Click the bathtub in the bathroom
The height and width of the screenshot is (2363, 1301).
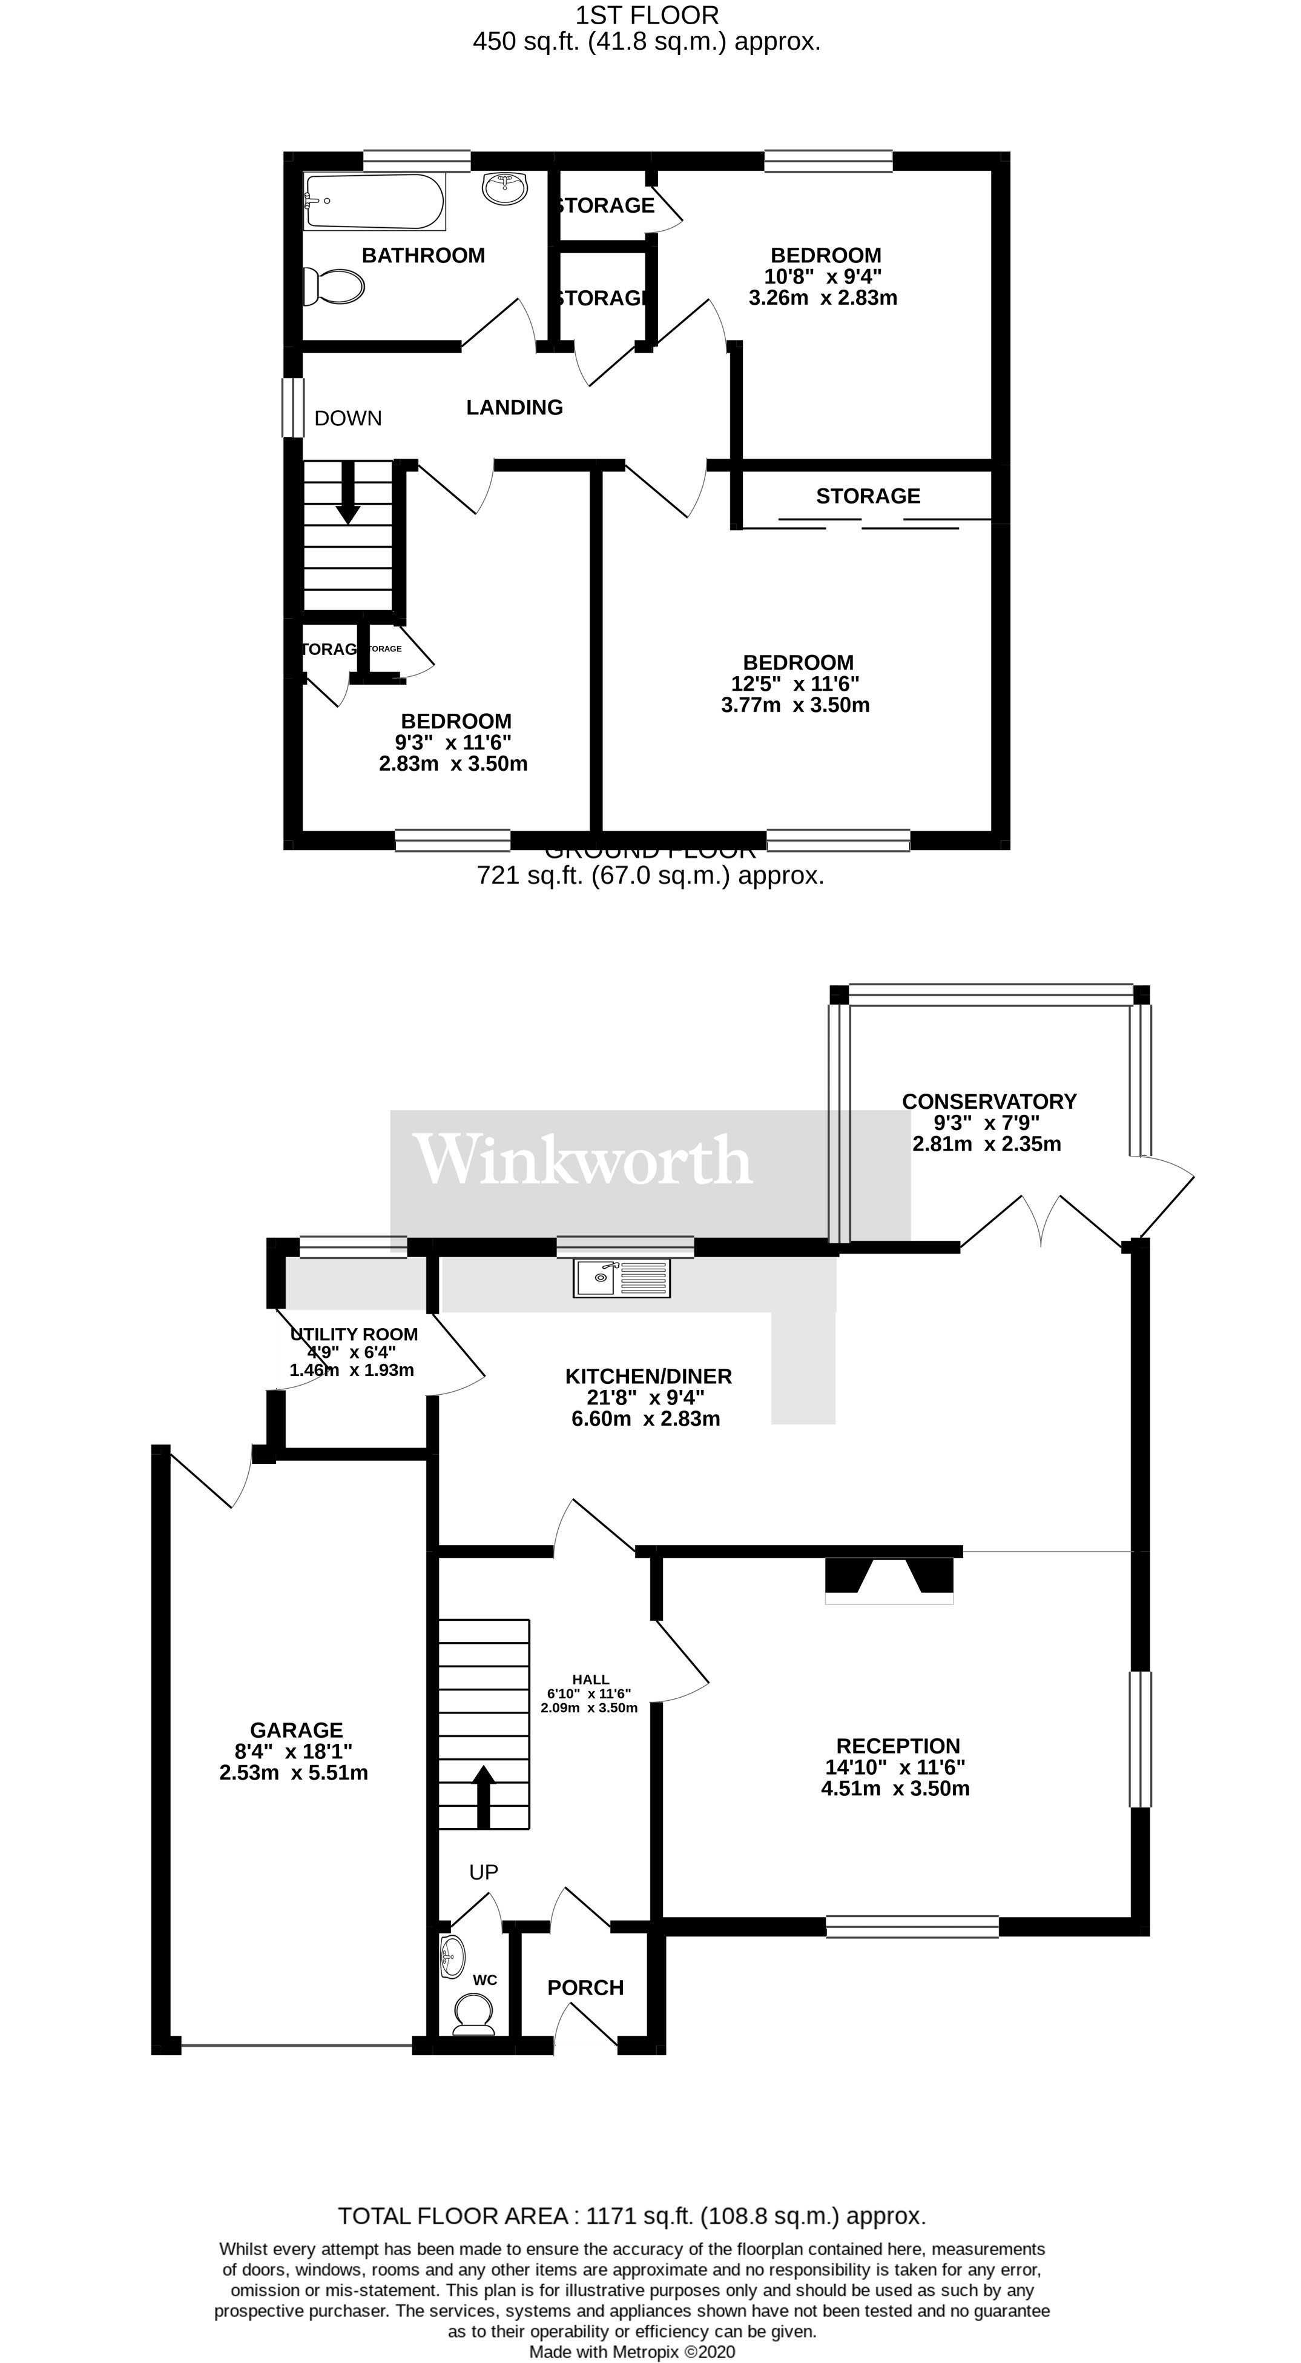(374, 202)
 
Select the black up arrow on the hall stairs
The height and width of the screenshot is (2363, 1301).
(483, 1795)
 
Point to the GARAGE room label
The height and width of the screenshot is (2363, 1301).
(296, 1730)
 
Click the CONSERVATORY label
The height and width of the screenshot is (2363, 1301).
(989, 1101)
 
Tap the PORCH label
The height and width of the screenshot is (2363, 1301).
(585, 1988)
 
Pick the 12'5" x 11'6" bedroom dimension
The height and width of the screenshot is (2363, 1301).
(795, 683)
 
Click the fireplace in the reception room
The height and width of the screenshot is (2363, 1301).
(889, 1576)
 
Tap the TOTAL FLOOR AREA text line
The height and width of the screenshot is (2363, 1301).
(631, 2216)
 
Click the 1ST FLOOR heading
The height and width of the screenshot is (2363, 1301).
(647, 16)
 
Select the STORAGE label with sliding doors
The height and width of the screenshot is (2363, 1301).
(868, 496)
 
